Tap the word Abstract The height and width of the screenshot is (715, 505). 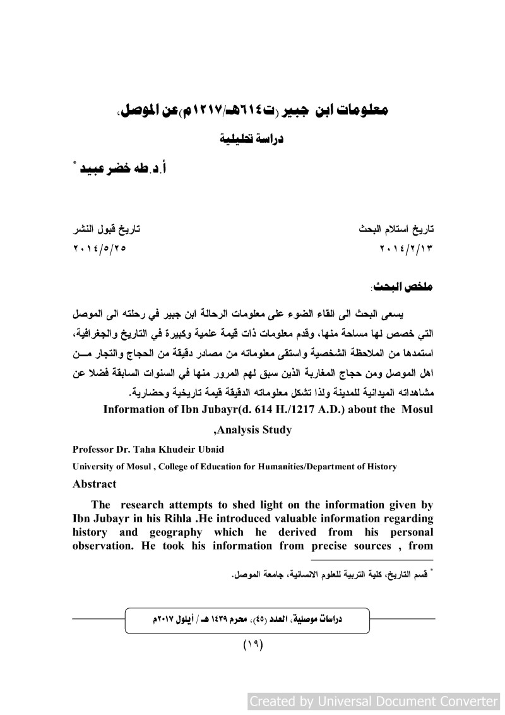click(95, 484)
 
